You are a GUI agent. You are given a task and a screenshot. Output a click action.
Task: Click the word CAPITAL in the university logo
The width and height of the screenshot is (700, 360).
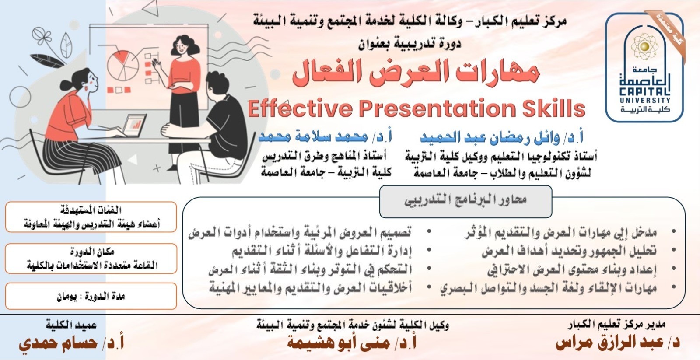coord(645,92)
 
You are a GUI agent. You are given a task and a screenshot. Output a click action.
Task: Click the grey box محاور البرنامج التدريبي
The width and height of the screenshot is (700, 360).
coord(465,202)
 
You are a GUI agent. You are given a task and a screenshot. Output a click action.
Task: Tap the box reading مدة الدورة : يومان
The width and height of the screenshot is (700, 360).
coord(91,296)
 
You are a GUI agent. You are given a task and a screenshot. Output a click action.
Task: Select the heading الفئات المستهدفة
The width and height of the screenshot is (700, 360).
coord(91,210)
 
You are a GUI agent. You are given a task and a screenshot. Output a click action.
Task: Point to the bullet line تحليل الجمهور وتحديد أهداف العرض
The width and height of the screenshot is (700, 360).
coord(569,251)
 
